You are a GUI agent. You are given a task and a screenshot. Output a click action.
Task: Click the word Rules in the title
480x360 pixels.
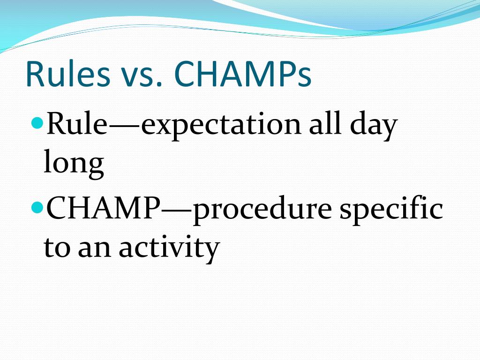[68, 74]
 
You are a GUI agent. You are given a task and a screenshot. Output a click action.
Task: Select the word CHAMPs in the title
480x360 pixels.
[243, 74]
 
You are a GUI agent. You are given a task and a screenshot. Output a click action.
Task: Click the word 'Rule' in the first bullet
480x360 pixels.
[76, 123]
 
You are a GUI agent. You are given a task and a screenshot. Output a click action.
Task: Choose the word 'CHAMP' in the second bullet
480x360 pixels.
[103, 208]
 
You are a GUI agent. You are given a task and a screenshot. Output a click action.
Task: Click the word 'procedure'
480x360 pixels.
[262, 210]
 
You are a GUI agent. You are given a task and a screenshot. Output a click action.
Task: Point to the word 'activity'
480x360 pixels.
[169, 248]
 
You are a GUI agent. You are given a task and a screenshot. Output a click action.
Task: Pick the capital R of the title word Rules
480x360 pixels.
[35, 74]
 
